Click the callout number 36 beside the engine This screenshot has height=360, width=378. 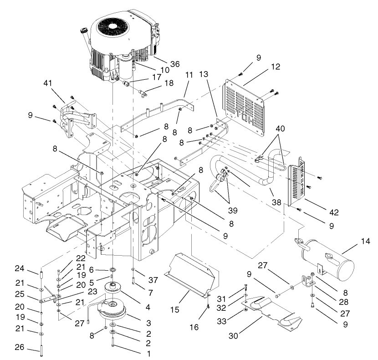tap(162, 64)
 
